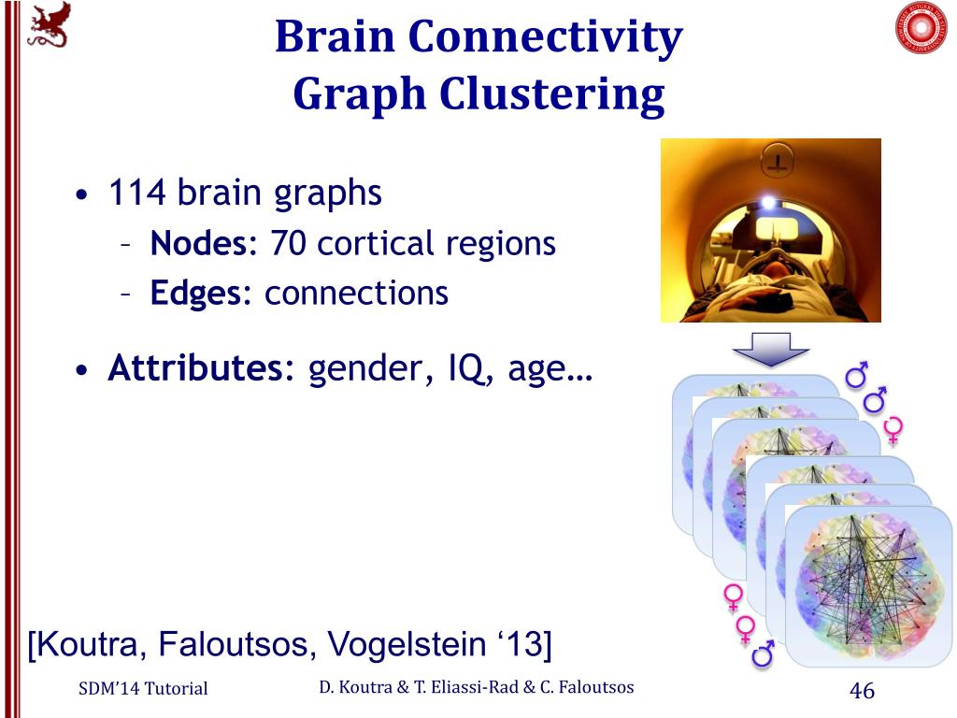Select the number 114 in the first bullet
tap(137, 194)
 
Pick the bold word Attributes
tap(201, 369)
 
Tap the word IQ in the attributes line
tap(473, 369)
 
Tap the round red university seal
tap(921, 28)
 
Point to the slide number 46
tap(861, 691)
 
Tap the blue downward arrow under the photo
tap(770, 350)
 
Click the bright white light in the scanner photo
tap(768, 202)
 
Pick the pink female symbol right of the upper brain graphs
tap(893, 429)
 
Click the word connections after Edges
tap(356, 294)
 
